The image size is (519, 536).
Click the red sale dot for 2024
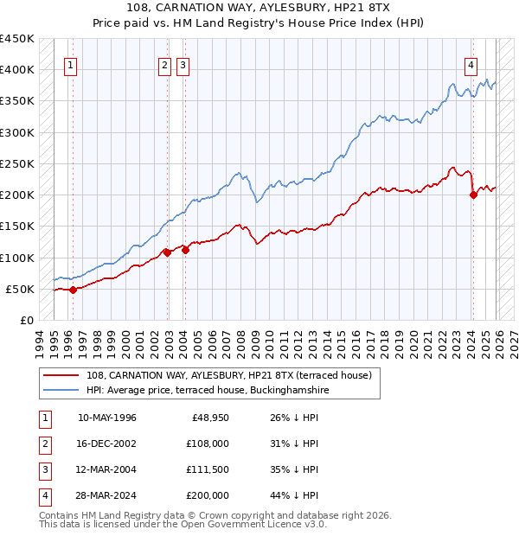473,195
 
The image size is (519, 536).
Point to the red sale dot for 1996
73,290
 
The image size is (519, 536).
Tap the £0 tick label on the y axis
26,321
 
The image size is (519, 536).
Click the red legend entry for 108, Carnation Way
228,375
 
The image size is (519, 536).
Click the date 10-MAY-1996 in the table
106,418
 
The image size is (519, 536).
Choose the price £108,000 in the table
208,443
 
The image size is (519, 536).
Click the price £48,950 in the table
210,418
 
